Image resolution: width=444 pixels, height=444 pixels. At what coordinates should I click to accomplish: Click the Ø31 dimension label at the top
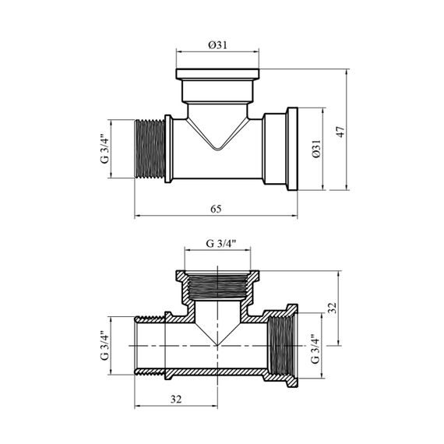click(217, 45)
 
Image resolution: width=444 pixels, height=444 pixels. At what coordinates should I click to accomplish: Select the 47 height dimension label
click(340, 132)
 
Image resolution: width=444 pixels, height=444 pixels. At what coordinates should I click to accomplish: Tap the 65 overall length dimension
click(216, 209)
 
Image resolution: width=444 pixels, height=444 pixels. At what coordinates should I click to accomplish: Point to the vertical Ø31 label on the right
click(316, 149)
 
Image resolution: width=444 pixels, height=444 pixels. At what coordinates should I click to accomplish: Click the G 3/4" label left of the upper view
click(104, 150)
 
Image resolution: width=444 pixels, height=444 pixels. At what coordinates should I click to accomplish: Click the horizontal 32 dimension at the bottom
click(176, 400)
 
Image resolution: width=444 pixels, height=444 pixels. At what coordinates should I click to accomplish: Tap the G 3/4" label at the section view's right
click(315, 348)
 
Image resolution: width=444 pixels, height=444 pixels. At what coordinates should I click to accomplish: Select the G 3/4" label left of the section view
click(104, 345)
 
